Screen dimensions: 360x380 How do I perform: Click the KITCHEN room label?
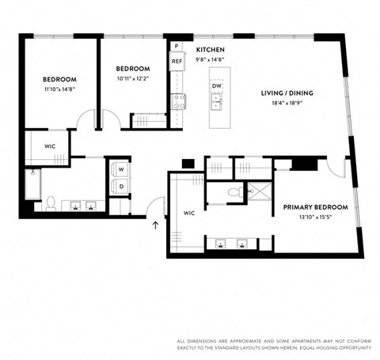click(x=211, y=49)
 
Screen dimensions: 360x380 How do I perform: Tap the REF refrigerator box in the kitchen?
click(x=177, y=61)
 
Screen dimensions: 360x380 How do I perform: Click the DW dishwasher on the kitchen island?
click(x=216, y=86)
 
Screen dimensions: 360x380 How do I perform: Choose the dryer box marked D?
click(x=122, y=187)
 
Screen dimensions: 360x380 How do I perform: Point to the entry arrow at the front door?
click(x=155, y=225)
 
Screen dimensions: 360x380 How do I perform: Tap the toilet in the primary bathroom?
click(x=235, y=191)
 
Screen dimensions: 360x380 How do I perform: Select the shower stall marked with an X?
click(x=259, y=191)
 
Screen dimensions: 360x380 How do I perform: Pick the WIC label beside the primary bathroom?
click(x=188, y=213)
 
